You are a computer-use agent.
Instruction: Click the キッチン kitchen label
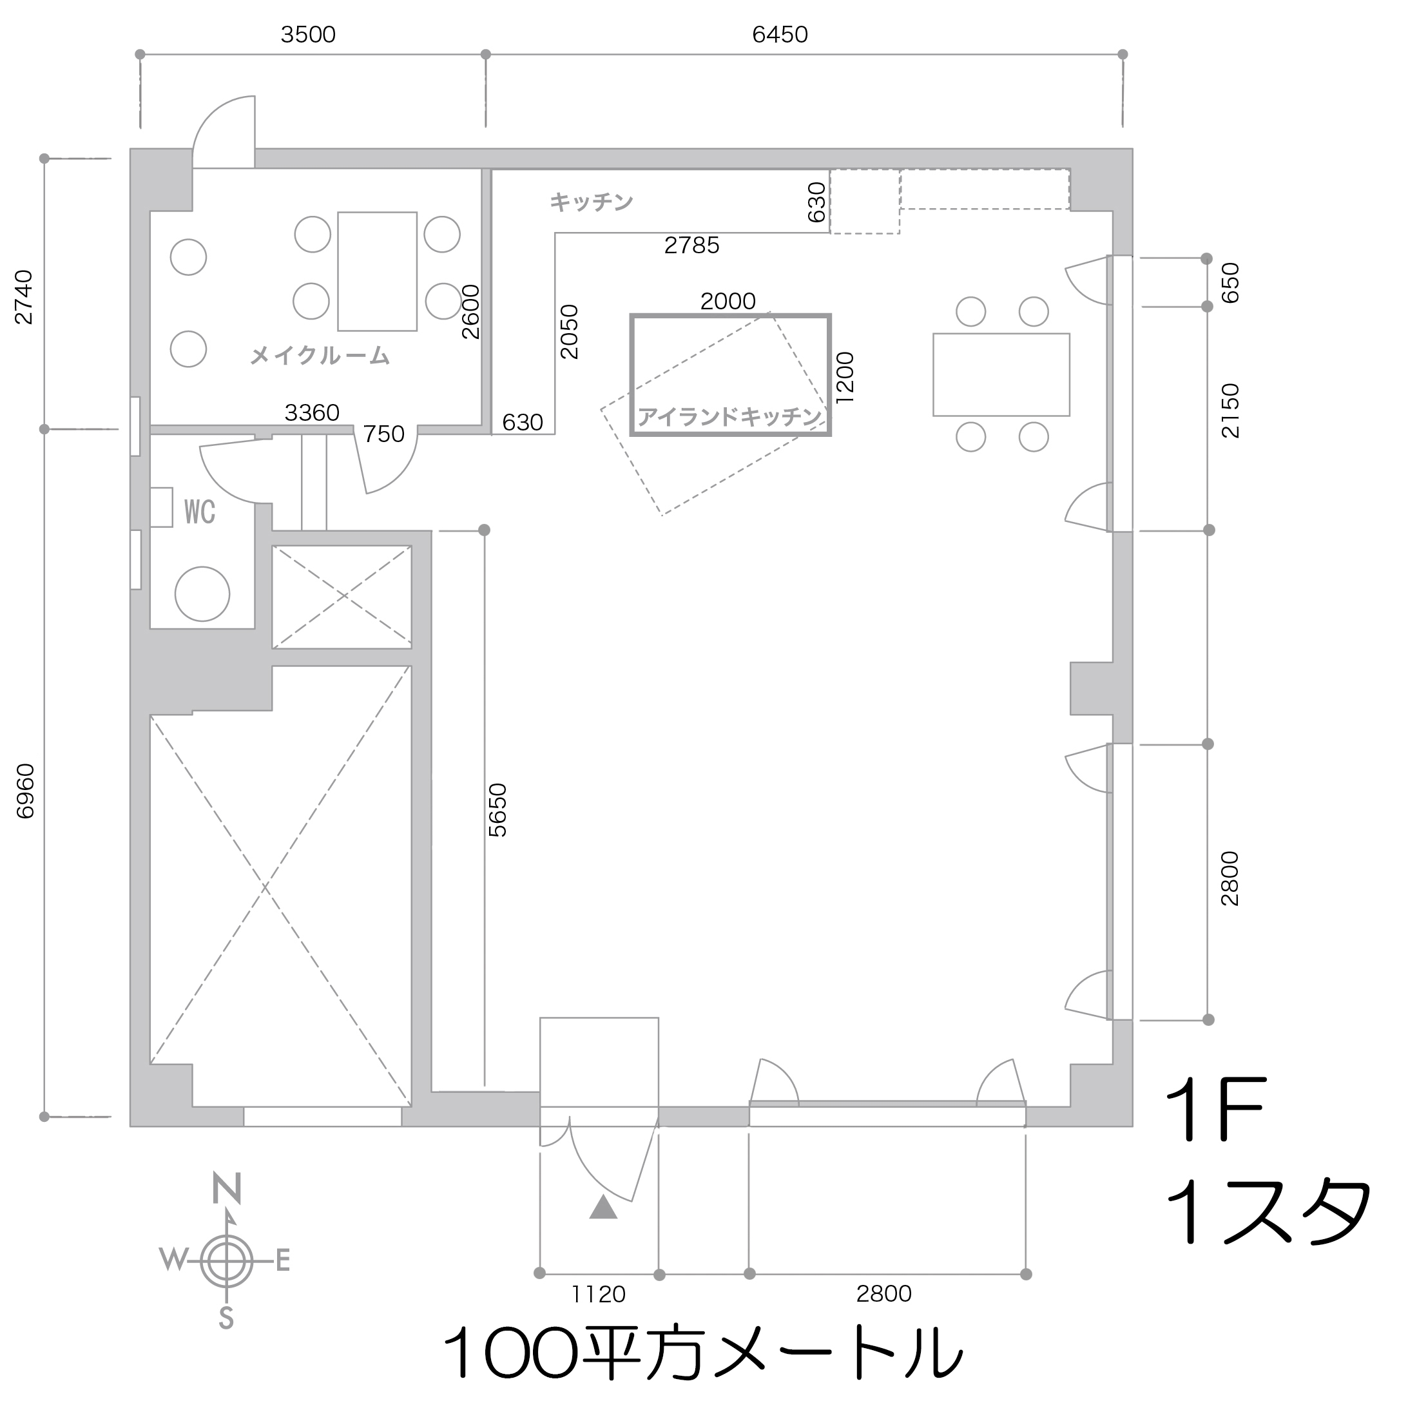click(x=591, y=202)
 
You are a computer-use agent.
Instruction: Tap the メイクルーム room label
click(x=320, y=356)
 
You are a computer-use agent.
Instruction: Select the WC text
click(x=200, y=512)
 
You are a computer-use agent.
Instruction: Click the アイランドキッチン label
click(x=729, y=417)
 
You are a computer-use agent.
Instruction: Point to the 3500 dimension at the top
click(x=307, y=35)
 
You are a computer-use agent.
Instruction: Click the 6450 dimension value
click(x=780, y=35)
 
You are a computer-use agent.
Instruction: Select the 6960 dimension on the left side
click(x=26, y=791)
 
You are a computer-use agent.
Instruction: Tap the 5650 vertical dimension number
click(x=497, y=811)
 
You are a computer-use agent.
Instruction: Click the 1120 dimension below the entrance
click(x=599, y=1295)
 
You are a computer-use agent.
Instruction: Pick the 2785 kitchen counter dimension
click(x=691, y=246)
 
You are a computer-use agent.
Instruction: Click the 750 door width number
click(x=383, y=434)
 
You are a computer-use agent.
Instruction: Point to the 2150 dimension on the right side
click(x=1230, y=411)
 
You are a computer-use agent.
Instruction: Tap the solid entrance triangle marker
click(x=603, y=1209)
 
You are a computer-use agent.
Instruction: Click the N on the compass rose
click(x=227, y=1190)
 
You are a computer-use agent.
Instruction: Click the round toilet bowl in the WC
click(x=202, y=594)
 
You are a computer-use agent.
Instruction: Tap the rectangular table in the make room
click(x=377, y=271)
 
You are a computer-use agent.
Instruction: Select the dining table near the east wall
click(x=1001, y=374)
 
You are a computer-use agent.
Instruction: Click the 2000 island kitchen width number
click(x=728, y=301)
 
